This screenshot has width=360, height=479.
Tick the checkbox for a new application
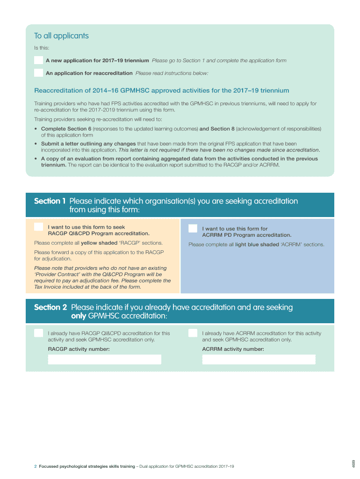click(x=38, y=60)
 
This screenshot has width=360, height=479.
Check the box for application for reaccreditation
click(x=38, y=73)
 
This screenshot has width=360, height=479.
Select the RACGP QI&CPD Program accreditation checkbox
click(x=38, y=227)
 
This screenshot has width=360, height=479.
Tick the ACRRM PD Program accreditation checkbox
click(x=193, y=228)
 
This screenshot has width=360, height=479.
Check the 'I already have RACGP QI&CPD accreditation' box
click(x=38, y=333)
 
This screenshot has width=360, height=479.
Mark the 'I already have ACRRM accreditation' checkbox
click(x=193, y=333)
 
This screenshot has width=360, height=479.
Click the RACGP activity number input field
click(x=105, y=359)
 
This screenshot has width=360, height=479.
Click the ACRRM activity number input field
click(x=259, y=359)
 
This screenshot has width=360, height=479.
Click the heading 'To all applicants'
click(x=61, y=36)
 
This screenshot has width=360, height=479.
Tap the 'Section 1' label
click(x=50, y=201)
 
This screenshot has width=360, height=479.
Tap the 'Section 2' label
click(x=50, y=307)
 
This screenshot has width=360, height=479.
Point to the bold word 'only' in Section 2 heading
click(x=78, y=316)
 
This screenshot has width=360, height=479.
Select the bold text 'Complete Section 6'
click(x=66, y=128)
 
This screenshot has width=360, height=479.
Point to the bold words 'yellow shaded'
click(x=99, y=243)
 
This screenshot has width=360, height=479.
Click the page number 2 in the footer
click(x=36, y=466)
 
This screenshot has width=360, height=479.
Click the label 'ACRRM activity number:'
click(x=233, y=349)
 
